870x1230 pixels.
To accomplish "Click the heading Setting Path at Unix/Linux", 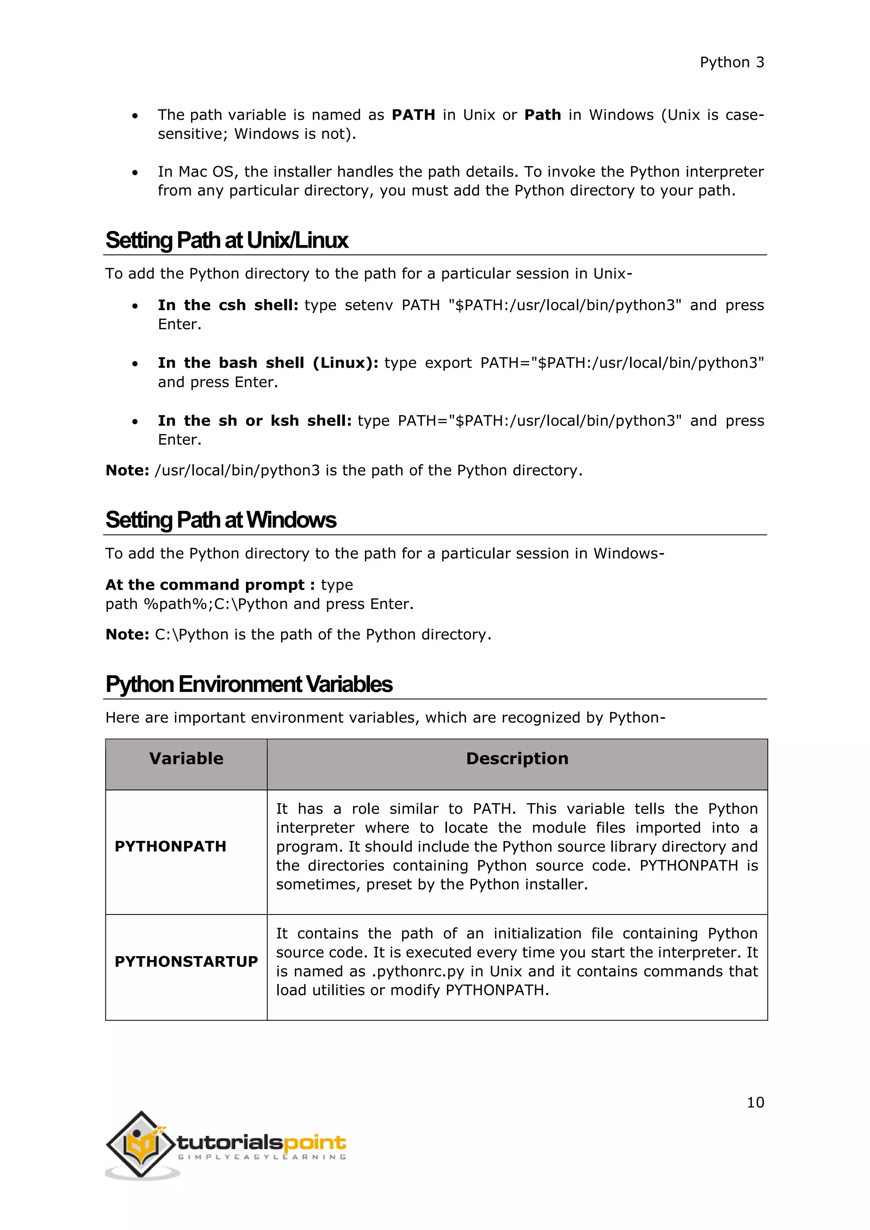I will pyautogui.click(x=226, y=240).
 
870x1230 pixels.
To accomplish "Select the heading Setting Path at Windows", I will pyautogui.click(x=221, y=520).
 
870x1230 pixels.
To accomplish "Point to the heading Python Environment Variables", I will pyautogui.click(x=249, y=685).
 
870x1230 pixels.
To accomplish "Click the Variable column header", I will pyautogui.click(x=186, y=759).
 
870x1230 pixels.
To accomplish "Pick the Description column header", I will pyautogui.click(x=517, y=759).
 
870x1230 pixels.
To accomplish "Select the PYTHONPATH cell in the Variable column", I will pyautogui.click(x=170, y=846).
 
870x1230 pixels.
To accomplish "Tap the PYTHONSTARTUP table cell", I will pyautogui.click(x=186, y=962).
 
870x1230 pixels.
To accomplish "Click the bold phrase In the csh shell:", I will pyautogui.click(x=228, y=305).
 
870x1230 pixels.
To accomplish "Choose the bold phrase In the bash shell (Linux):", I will pyautogui.click(x=268, y=363).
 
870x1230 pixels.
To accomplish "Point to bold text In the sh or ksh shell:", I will pyautogui.click(x=254, y=421).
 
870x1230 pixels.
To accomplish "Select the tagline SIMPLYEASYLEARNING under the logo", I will pyautogui.click(x=261, y=1157).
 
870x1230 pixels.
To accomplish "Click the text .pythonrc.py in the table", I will pyautogui.click(x=418, y=972).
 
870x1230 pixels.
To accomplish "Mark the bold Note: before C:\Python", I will pyautogui.click(x=127, y=635).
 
